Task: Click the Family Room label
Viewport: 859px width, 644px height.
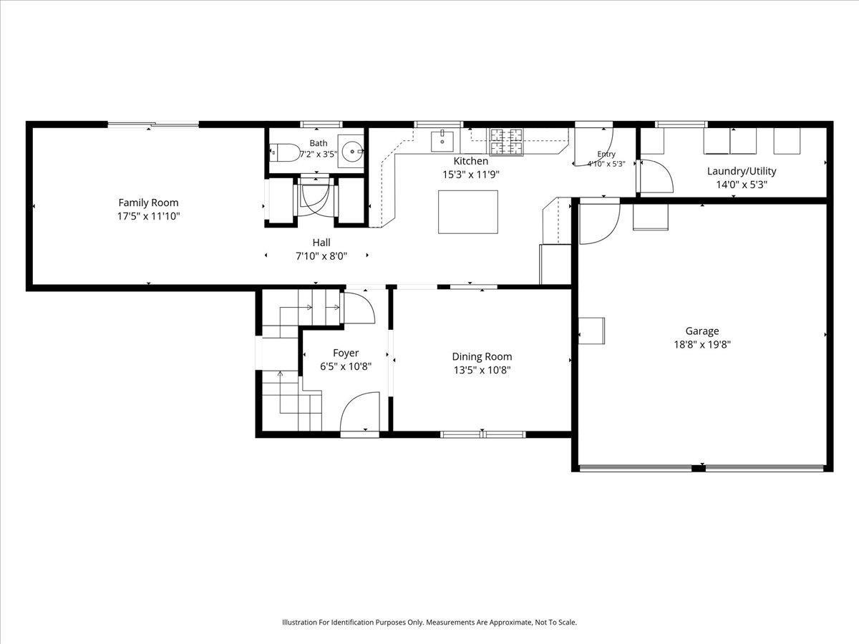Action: coord(148,203)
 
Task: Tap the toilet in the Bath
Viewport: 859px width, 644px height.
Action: coord(285,152)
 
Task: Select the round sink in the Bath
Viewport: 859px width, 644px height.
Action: coord(353,151)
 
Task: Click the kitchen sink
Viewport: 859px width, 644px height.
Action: coord(442,141)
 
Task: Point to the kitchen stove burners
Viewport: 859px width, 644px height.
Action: coord(506,142)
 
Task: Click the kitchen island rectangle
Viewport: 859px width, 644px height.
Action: coord(468,212)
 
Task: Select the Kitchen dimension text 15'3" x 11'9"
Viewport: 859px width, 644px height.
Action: coord(471,175)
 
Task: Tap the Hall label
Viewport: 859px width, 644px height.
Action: coord(321,243)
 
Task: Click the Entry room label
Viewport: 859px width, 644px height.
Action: coord(606,154)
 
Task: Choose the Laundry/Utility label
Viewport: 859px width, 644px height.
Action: coord(742,171)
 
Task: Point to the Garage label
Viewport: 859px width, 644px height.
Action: coord(702,331)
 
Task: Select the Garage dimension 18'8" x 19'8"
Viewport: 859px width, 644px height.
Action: coord(702,344)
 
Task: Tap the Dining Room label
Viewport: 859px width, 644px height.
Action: coord(482,356)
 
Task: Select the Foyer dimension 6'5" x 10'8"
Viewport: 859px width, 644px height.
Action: coord(346,367)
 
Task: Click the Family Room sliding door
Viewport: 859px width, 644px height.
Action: coord(153,125)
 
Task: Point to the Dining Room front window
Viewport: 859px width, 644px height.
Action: coord(483,434)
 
